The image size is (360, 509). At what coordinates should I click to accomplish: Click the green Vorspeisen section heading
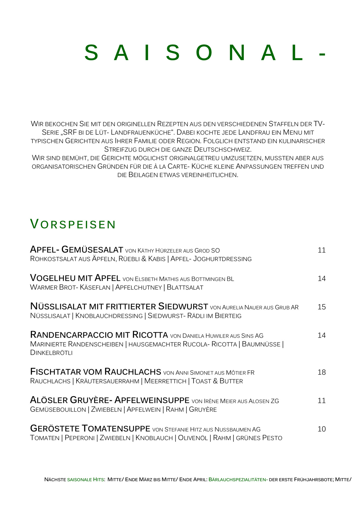click(x=73, y=224)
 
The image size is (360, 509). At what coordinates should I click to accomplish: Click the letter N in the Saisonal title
click(x=237, y=53)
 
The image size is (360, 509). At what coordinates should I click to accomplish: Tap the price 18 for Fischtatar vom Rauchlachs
click(x=321, y=372)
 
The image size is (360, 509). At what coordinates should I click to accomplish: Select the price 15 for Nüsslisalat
click(x=321, y=307)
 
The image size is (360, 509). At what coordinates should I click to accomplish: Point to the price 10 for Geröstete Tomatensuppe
click(x=321, y=429)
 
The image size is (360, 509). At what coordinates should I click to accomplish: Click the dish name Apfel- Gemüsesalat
click(x=76, y=250)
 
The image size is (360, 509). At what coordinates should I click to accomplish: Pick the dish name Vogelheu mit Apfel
click(x=75, y=278)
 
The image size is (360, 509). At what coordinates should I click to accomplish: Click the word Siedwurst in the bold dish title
click(x=183, y=307)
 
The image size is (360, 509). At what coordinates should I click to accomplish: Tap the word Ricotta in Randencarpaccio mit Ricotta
click(x=150, y=335)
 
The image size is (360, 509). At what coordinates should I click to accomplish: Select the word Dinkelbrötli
click(x=51, y=353)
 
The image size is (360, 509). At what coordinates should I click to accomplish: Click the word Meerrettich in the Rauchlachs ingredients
click(x=165, y=381)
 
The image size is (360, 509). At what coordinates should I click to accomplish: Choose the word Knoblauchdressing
click(x=109, y=316)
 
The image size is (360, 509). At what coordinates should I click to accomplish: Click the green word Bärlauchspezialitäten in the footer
click(x=237, y=480)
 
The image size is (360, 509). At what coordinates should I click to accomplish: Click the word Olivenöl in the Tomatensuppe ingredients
click(x=193, y=438)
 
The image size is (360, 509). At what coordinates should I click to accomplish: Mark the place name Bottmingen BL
click(x=212, y=279)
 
